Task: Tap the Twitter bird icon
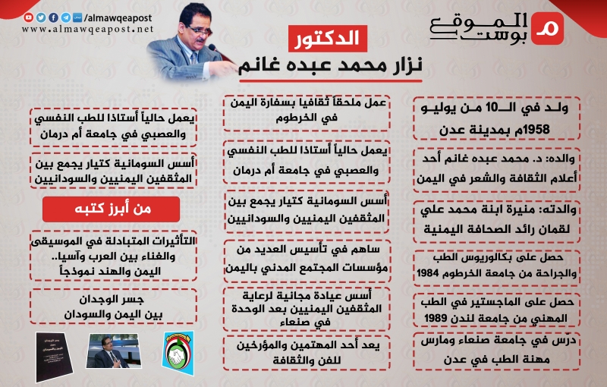pos(42,17)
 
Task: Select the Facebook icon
pos(53,17)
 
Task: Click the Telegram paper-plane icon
pos(65,17)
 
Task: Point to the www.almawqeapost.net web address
pos(87,29)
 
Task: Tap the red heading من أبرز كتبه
pos(111,209)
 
